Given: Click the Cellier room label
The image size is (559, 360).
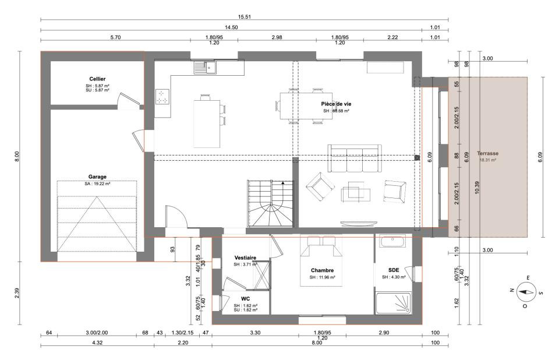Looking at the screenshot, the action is pyautogui.click(x=97, y=79).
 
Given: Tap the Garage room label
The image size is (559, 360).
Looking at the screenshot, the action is pyautogui.click(x=97, y=177).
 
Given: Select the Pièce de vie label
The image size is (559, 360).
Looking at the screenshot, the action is pyautogui.click(x=336, y=104).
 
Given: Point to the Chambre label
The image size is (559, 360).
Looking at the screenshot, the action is pyautogui.click(x=322, y=270).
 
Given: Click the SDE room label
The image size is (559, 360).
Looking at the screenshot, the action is pyautogui.click(x=394, y=270).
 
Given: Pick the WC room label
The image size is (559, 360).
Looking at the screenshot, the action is pyautogui.click(x=245, y=299).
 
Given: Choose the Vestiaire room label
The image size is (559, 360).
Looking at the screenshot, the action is pyautogui.click(x=245, y=257).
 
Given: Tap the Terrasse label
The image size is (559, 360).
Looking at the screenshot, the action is pyautogui.click(x=488, y=153).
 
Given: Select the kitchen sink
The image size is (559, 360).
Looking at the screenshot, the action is pyautogui.click(x=205, y=68).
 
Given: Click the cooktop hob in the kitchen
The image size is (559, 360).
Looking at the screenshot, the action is pyautogui.click(x=162, y=96).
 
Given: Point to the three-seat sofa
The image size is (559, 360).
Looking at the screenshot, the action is pyautogui.click(x=355, y=158).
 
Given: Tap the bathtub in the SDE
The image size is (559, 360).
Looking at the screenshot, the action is pyautogui.click(x=392, y=241).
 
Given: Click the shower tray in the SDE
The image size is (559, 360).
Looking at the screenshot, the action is pyautogui.click(x=394, y=303).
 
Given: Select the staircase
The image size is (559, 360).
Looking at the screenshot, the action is pyautogui.click(x=270, y=203).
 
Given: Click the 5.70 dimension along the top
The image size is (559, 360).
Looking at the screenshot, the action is pyautogui.click(x=115, y=37).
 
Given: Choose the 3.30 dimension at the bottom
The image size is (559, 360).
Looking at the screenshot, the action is pyautogui.click(x=255, y=333).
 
